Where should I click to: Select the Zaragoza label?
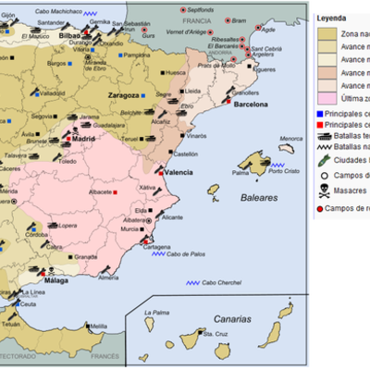(121, 94)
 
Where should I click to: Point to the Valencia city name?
(179, 173)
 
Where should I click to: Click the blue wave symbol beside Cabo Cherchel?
(193, 282)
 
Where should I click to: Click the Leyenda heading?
(332, 18)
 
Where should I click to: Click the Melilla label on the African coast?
(99, 326)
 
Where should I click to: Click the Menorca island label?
(291, 139)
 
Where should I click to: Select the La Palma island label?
(157, 313)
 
